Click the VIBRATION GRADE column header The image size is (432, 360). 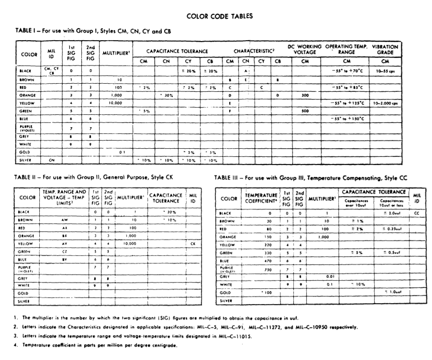pyautogui.click(x=385, y=50)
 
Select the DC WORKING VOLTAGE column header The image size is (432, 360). pyautogui.click(x=305, y=50)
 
